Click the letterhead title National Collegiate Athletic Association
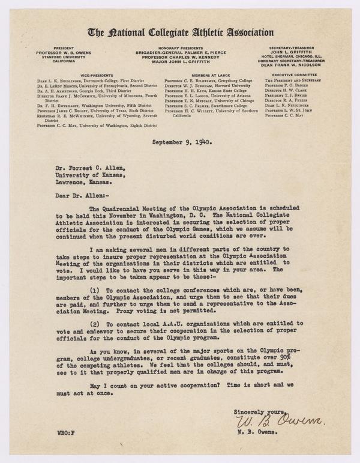(x=181, y=33)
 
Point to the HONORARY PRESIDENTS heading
(x=180, y=48)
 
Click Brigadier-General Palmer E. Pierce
(x=180, y=53)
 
